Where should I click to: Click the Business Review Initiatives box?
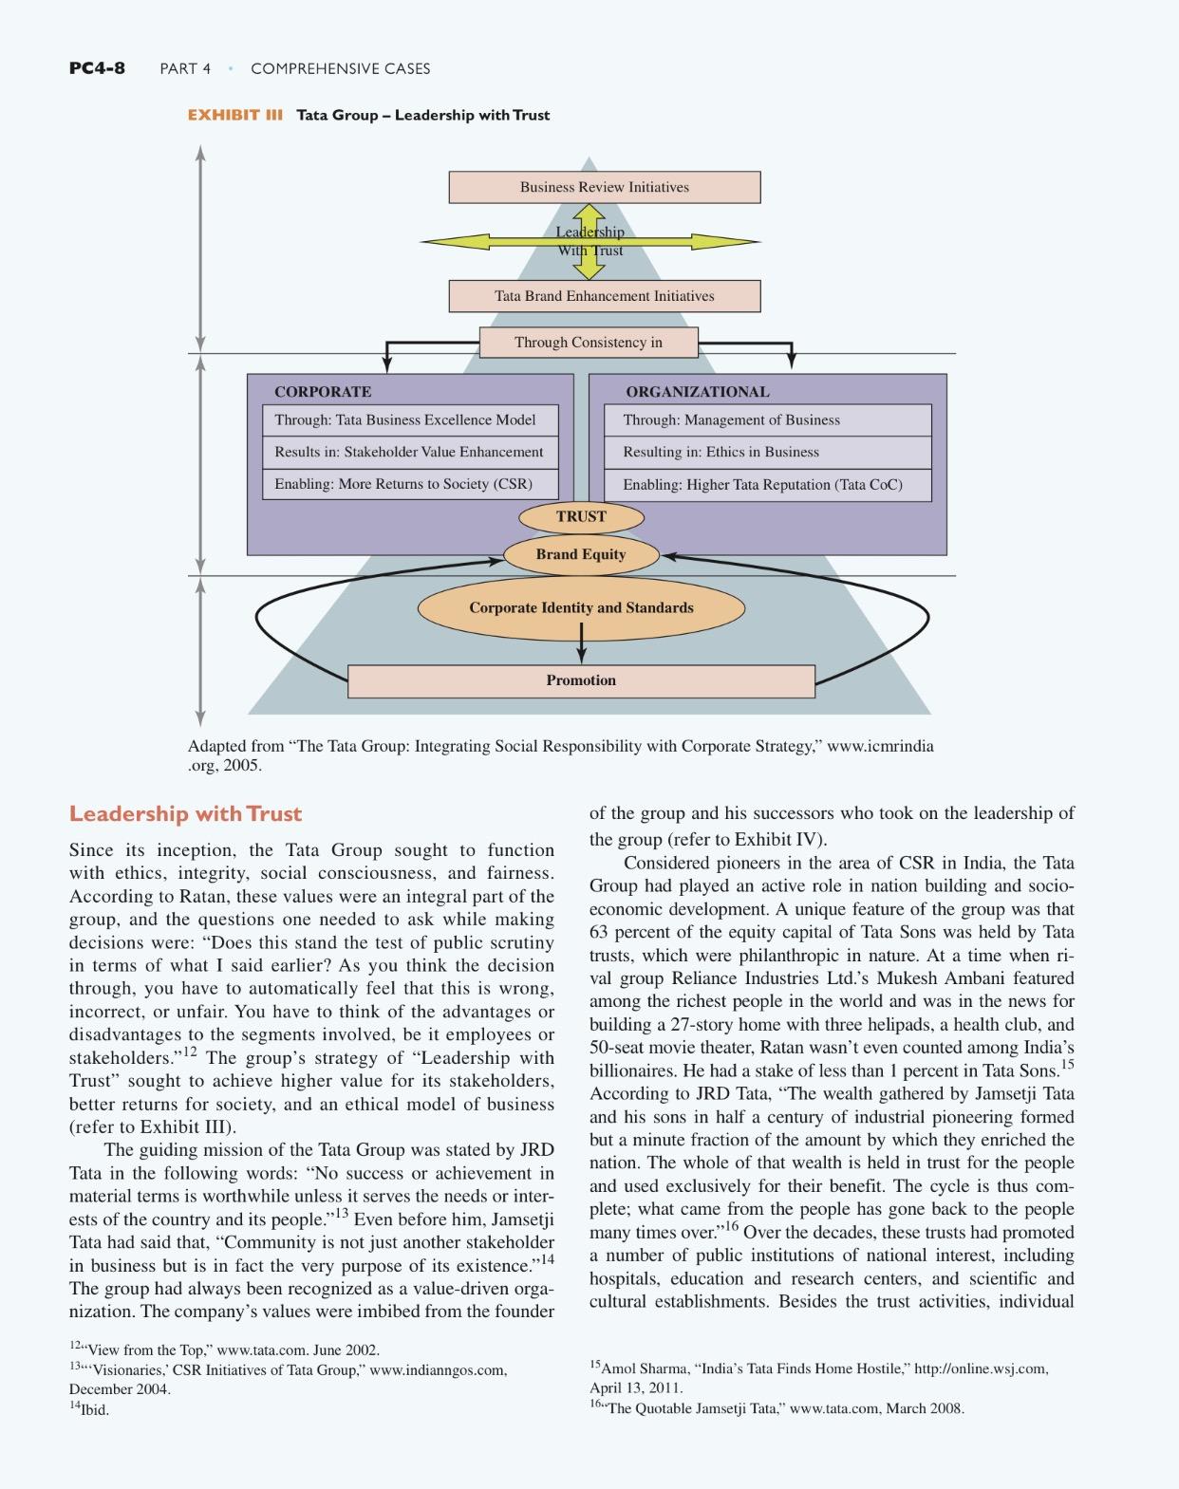[604, 187]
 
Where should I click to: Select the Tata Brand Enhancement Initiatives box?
[604, 296]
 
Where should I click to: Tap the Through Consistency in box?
[589, 342]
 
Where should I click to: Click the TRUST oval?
[581, 516]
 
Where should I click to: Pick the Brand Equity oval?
[581, 554]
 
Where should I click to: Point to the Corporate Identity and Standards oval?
[581, 607]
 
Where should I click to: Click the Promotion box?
[581, 680]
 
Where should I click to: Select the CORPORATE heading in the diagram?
[323, 392]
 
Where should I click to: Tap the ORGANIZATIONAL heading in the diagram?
[697, 392]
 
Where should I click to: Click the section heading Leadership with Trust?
[185, 814]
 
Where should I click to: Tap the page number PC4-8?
[97, 68]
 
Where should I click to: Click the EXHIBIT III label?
[235, 116]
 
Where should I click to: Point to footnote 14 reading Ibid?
[90, 1409]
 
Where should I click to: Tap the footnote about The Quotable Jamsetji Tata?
[777, 1408]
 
